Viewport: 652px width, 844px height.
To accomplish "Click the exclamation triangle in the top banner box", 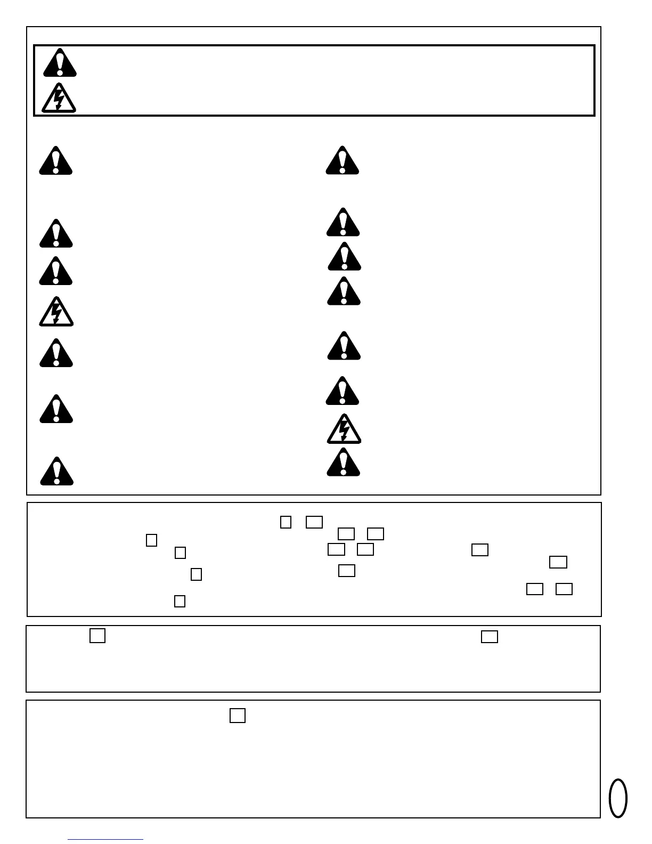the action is click(60, 63).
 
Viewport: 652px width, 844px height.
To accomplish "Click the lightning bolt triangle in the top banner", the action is click(59, 98).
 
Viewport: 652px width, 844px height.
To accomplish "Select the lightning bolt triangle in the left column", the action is click(56, 312).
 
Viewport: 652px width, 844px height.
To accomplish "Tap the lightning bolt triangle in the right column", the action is click(344, 429).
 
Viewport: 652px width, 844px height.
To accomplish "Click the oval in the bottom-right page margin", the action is click(618, 798).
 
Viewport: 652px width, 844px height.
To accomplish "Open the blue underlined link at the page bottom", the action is click(105, 839).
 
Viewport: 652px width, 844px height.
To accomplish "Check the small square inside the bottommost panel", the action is click(238, 715).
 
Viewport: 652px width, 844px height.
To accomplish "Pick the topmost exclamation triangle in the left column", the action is click(55, 161).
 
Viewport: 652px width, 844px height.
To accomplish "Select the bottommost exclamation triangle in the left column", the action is click(56, 471).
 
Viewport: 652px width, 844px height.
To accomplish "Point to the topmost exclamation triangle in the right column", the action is click(343, 160).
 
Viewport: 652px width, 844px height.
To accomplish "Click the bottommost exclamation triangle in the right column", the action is click(343, 462).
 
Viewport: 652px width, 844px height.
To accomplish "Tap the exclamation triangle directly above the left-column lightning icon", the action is click(55, 271).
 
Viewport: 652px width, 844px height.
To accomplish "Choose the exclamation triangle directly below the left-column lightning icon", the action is click(56, 353).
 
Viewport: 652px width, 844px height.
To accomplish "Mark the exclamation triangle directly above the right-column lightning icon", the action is click(343, 391).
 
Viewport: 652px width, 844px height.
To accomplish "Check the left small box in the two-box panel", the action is click(97, 636).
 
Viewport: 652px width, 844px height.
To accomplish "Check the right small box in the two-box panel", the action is click(489, 636).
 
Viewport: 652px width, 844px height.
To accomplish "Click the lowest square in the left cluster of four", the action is click(180, 601).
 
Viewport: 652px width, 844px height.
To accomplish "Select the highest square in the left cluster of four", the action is click(151, 540).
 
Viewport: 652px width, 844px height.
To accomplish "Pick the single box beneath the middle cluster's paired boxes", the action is click(346, 571).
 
